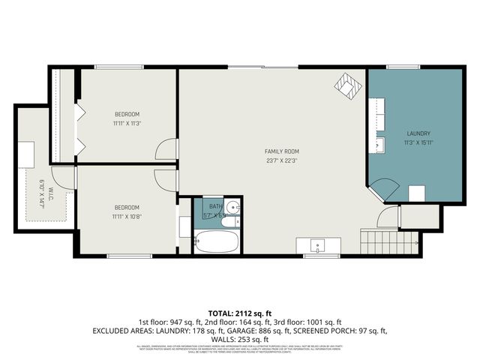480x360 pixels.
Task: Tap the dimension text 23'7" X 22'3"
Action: pyautogui.click(x=271, y=160)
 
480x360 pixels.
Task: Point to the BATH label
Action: pyautogui.click(x=216, y=206)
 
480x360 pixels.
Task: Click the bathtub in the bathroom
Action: pyautogui.click(x=216, y=241)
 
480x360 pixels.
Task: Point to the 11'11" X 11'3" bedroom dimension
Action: pyautogui.click(x=127, y=123)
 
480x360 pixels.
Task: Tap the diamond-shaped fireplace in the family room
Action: pyautogui.click(x=347, y=84)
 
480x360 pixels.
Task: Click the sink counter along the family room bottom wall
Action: pyautogui.click(x=318, y=245)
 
